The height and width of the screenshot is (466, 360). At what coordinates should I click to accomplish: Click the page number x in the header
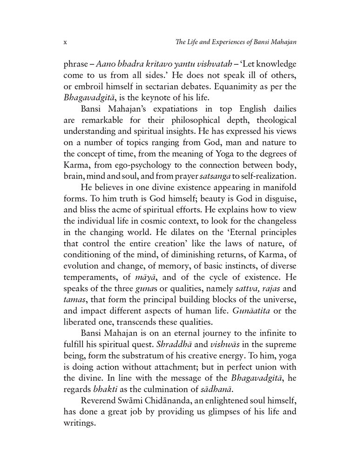tap(65, 42)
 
